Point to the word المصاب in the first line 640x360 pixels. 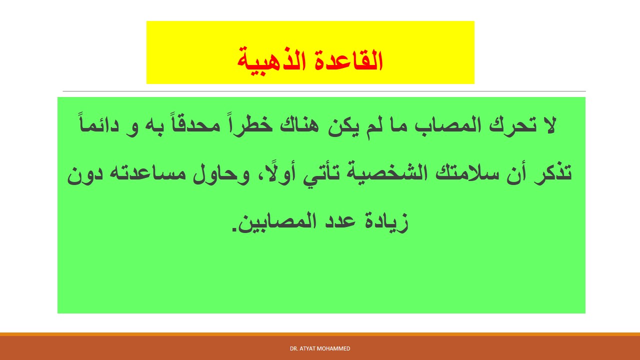(x=445, y=125)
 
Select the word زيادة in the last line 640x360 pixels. (x=386, y=222)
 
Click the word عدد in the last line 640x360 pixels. (x=340, y=221)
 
